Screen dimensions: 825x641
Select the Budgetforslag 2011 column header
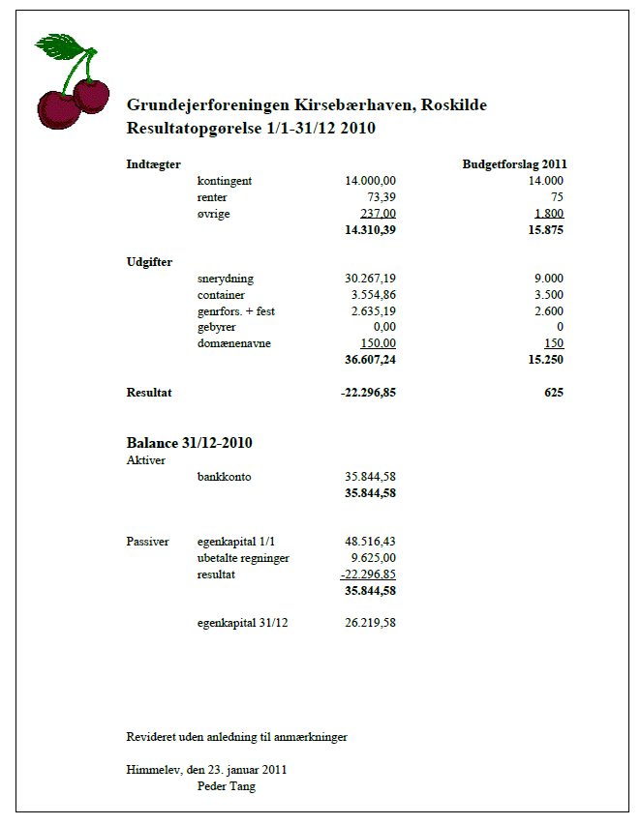pos(514,164)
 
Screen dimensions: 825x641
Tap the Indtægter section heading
pos(154,164)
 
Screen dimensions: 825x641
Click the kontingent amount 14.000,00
pos(371,181)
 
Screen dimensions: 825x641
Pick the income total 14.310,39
pos(370,230)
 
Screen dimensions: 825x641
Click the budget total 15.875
pos(544,230)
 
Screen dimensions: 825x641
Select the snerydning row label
pos(225,279)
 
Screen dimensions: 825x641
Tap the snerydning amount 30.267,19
pos(371,279)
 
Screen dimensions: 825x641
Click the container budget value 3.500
pos(548,295)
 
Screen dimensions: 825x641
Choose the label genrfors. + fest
pos(236,311)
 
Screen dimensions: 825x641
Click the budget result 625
pos(553,393)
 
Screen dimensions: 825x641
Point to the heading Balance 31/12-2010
pos(190,443)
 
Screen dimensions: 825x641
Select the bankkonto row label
pos(224,477)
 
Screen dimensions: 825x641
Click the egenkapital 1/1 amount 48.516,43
pos(371,542)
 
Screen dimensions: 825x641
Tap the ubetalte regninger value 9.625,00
pos(374,558)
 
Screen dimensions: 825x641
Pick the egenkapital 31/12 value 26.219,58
pos(371,623)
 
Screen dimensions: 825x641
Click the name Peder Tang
pos(226,786)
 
